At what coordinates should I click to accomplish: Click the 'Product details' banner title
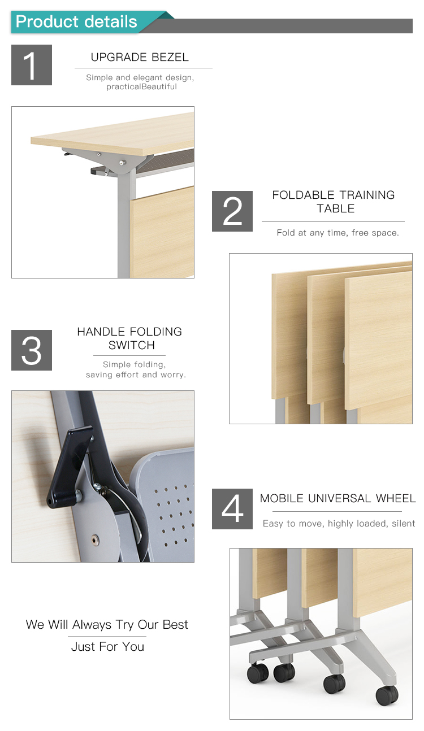click(x=76, y=21)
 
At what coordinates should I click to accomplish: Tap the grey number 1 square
click(x=32, y=65)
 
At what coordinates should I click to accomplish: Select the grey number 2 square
click(x=232, y=211)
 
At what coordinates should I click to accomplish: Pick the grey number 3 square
click(x=32, y=350)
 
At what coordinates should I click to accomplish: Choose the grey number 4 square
click(x=232, y=509)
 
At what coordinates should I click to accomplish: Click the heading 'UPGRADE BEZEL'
click(x=140, y=57)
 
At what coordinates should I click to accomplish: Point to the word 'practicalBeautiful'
click(x=141, y=87)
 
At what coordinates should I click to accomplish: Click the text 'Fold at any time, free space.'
click(x=338, y=233)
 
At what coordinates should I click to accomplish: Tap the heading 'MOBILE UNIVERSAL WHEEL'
click(x=338, y=498)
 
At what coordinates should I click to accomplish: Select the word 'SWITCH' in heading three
click(x=132, y=345)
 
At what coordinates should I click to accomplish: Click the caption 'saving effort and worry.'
click(x=136, y=375)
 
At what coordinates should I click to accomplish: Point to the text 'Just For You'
click(x=107, y=646)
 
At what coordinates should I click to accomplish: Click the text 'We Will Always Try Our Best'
click(x=107, y=625)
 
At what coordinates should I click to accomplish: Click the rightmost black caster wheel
click(x=387, y=695)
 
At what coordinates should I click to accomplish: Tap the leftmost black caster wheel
click(x=258, y=673)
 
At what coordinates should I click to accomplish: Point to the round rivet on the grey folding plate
click(x=95, y=540)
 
